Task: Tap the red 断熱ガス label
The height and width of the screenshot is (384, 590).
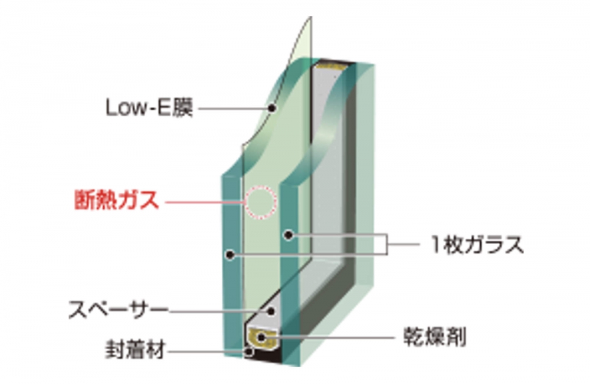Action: tap(117, 200)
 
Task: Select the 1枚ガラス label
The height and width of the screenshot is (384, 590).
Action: tap(477, 244)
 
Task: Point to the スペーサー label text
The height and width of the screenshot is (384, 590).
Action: tap(118, 310)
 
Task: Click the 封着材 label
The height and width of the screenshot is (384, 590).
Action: tap(135, 349)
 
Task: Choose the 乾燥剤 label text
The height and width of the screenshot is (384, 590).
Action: tap(435, 336)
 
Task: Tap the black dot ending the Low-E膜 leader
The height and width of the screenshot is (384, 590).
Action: tap(272, 109)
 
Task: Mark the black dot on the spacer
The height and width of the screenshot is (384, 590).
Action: tap(271, 311)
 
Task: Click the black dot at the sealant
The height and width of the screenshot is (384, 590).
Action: tap(249, 352)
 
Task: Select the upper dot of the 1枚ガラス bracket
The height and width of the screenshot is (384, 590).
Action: tap(289, 235)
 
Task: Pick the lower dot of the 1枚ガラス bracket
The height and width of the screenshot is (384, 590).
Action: tap(230, 255)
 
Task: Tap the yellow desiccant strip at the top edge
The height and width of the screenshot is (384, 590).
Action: tap(330, 67)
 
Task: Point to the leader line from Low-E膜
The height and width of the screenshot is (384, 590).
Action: tap(233, 109)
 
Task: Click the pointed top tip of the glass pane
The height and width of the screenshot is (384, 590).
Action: tap(311, 17)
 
